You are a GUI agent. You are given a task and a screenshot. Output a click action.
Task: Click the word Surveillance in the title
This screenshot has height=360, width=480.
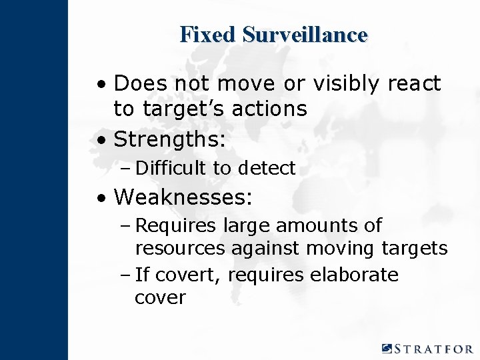point(305,34)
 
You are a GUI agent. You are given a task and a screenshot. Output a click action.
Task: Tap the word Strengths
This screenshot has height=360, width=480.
point(170,140)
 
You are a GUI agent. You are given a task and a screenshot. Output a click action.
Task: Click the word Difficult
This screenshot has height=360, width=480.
point(172,169)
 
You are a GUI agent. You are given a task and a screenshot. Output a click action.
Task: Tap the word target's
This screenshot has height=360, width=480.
point(192,108)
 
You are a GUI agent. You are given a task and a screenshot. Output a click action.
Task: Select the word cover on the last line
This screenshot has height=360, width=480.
point(160,298)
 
